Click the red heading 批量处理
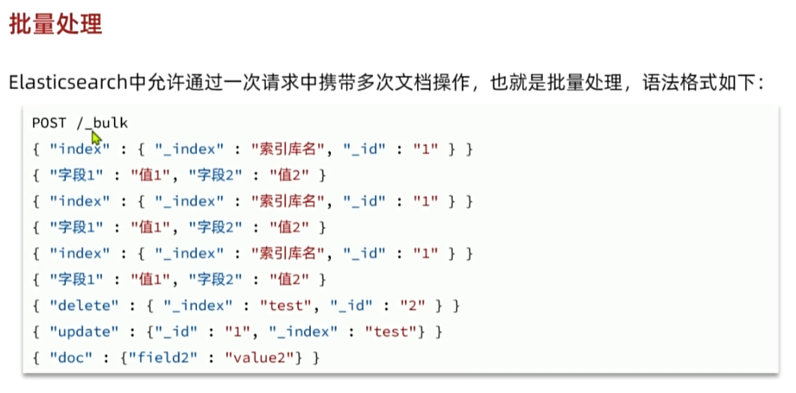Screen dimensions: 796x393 tap(55, 24)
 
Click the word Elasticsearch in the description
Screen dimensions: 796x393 tap(67, 82)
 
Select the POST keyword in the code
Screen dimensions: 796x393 tap(49, 123)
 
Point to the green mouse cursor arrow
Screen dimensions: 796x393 tap(96, 138)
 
